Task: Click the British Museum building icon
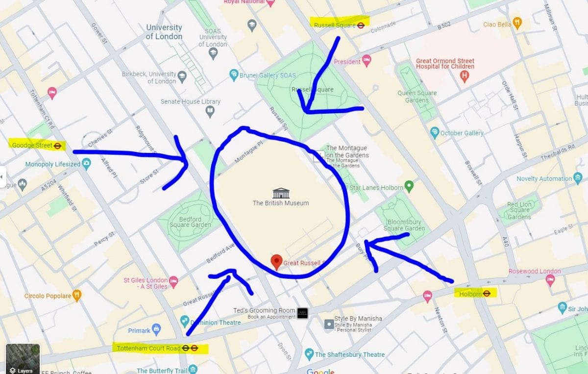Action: tap(281, 193)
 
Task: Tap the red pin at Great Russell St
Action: tap(276, 262)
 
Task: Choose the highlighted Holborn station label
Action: tap(475, 294)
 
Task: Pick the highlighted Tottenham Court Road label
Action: tap(159, 349)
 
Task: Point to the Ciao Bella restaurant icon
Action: tap(517, 23)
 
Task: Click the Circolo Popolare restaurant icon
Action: tap(77, 296)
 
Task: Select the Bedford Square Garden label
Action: tap(190, 222)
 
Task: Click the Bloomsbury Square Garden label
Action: tap(404, 225)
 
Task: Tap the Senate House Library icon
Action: tap(210, 112)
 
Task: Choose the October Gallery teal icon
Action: tap(434, 133)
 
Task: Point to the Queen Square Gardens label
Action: tap(416, 97)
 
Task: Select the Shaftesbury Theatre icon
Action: tap(309, 354)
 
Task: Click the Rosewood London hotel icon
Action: tap(550, 280)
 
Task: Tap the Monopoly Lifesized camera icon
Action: tap(87, 164)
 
